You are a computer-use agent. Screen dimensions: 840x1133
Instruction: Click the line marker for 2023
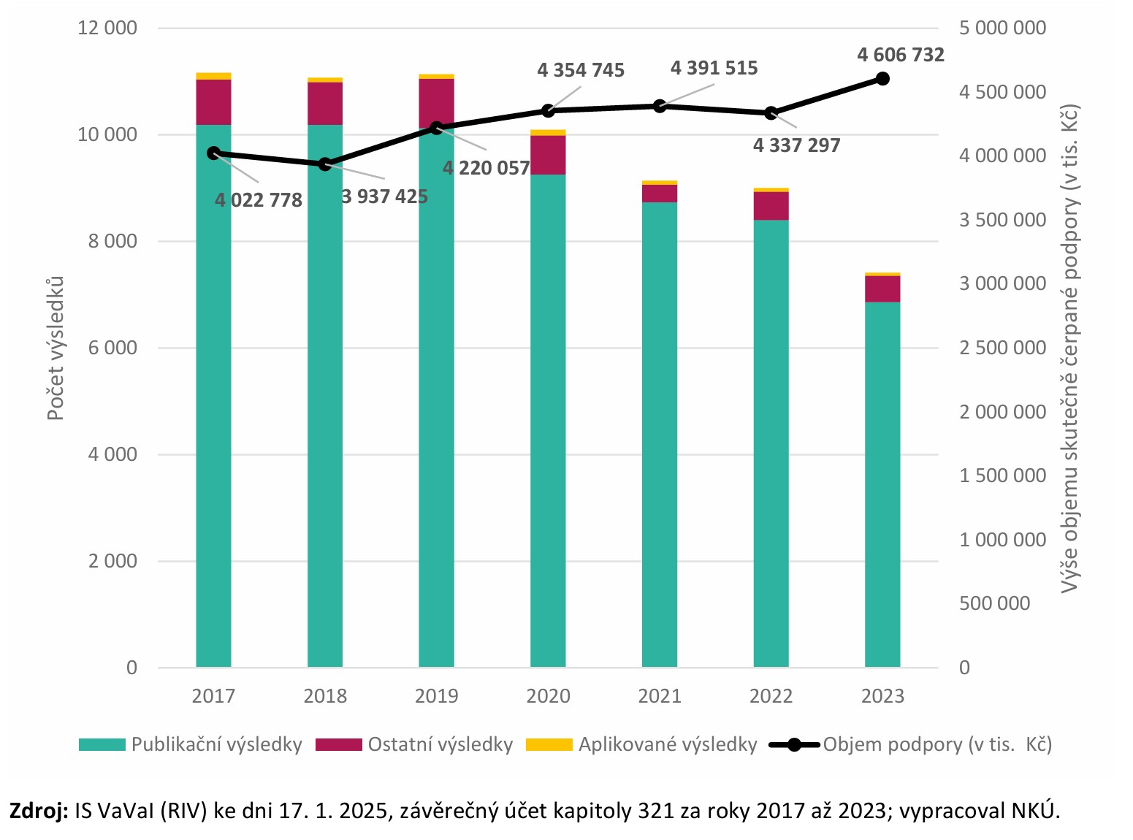point(882,78)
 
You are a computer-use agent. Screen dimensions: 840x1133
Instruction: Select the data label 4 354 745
point(581,70)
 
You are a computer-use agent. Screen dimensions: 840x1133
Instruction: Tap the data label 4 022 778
point(259,200)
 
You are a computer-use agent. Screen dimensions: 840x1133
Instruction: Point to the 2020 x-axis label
point(548,696)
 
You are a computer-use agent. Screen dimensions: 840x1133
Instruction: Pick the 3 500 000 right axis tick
point(1002,220)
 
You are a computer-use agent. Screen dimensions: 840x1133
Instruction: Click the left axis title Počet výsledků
point(56,348)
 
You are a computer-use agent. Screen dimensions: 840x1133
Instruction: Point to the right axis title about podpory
point(1069,348)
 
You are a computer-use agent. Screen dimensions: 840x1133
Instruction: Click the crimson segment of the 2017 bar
point(213,102)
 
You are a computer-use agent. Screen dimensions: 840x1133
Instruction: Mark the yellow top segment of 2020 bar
point(548,132)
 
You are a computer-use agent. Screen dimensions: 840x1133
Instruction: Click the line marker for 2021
point(660,106)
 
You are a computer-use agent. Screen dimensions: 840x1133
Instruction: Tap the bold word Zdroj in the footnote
point(38,811)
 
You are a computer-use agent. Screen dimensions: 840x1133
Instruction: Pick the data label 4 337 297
point(796,145)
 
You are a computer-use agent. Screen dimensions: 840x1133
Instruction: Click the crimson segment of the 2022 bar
point(771,205)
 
